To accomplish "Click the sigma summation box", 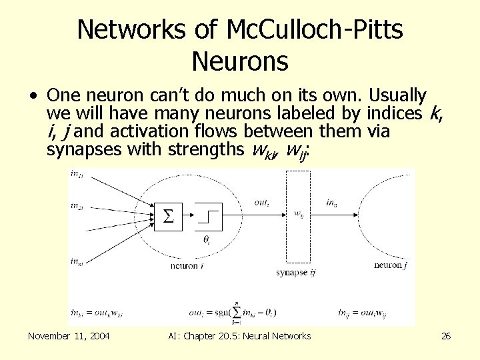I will click(x=169, y=215).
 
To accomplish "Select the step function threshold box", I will click(x=208, y=215).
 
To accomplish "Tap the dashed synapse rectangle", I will click(x=298, y=216).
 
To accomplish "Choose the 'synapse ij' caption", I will click(x=297, y=272).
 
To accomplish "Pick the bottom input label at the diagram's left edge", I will click(x=76, y=261).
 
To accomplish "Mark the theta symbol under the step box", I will click(x=207, y=238).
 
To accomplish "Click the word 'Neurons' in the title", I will click(x=240, y=61).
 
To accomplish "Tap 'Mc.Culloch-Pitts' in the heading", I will click(x=314, y=29).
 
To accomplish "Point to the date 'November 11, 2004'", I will click(x=69, y=336).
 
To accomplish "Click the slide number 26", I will click(x=446, y=336).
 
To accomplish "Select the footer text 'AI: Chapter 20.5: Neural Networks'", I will click(x=241, y=336).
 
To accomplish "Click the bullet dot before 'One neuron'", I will click(x=33, y=95).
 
